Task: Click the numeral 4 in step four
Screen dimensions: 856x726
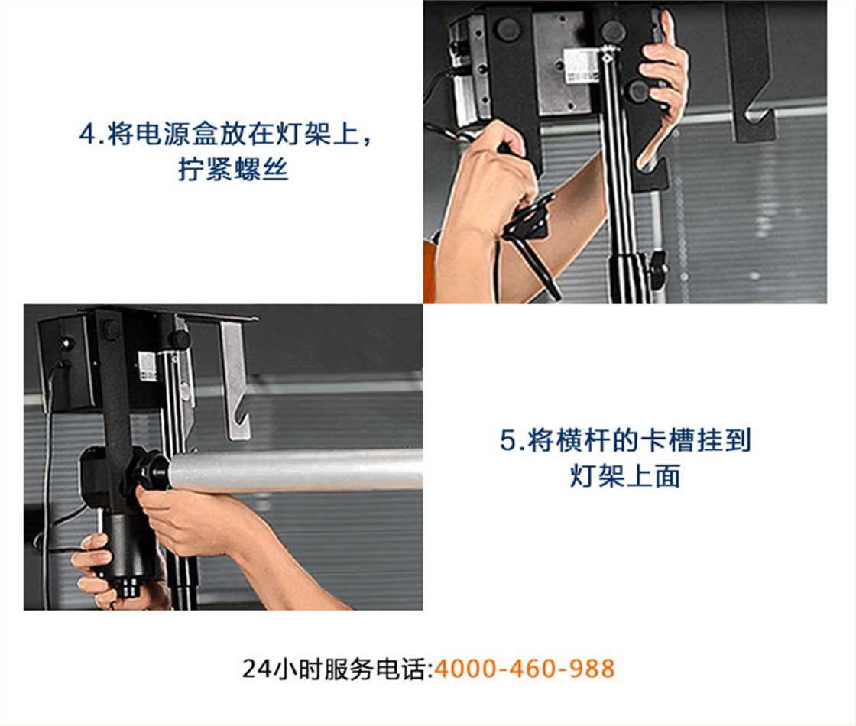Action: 87,134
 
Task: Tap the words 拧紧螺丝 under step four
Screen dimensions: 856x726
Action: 233,169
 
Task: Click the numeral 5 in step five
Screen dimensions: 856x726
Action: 507,440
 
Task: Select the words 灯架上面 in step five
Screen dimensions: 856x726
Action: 625,475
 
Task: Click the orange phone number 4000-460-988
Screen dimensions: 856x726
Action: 524,669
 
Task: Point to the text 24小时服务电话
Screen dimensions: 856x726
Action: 337,669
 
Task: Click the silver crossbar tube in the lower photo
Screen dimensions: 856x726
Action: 296,469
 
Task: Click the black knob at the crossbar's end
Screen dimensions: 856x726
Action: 151,469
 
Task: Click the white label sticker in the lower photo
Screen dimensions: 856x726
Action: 147,366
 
